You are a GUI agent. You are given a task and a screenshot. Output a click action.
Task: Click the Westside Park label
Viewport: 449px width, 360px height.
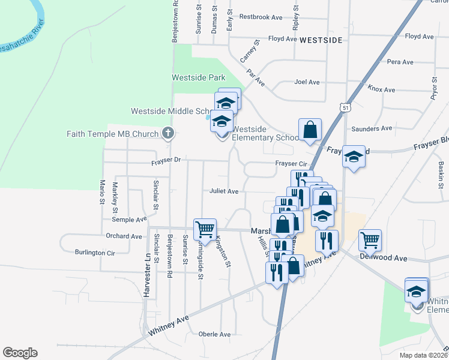coord(198,77)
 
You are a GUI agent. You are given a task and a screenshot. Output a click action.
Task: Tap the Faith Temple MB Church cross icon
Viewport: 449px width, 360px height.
coord(169,133)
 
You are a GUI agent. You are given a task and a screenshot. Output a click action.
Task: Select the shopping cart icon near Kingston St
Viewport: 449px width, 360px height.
coord(205,229)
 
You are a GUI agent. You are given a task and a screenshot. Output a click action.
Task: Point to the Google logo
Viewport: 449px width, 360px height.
coord(20,353)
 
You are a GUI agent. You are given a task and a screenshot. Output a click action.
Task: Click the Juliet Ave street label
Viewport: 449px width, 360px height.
coord(224,191)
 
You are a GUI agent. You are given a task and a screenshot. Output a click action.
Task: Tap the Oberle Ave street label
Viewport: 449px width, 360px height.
coord(215,334)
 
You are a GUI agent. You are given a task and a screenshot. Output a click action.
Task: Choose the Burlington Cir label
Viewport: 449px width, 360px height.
coord(95,253)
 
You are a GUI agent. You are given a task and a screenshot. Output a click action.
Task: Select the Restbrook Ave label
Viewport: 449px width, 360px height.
coord(261,17)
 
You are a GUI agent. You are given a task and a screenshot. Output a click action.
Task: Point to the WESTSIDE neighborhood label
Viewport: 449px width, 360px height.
coord(321,40)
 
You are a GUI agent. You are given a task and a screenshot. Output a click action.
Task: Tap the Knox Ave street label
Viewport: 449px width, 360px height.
coord(381,89)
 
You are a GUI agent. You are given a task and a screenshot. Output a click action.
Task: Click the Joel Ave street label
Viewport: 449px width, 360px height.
coord(307,82)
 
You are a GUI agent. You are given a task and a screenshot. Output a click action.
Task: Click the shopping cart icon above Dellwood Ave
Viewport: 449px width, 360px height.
coord(370,239)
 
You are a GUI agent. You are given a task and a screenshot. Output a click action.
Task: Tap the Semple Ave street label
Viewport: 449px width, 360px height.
coord(129,220)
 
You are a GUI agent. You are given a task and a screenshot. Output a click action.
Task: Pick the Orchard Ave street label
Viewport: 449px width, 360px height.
coord(124,236)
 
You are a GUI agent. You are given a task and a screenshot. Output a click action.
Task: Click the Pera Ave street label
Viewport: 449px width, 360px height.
coord(400,62)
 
